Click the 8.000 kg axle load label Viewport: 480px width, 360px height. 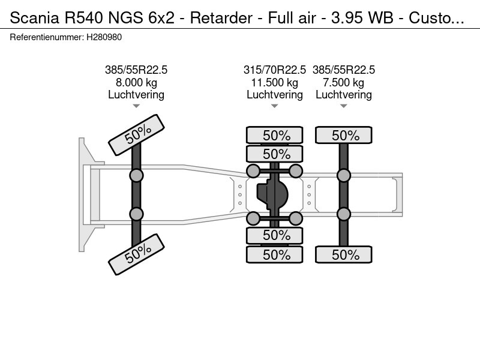[x=136, y=82]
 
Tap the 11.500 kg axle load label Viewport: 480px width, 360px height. [x=274, y=82]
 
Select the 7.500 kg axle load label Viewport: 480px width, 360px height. [x=343, y=82]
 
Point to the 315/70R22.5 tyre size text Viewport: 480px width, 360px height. [x=274, y=70]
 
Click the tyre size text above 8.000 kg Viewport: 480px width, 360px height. [x=136, y=70]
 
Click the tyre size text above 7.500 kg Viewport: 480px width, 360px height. [x=343, y=70]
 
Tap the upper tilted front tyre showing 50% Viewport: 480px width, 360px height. [x=136, y=136]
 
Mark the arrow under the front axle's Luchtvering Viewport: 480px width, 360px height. [x=136, y=106]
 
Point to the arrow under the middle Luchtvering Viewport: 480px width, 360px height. [x=274, y=106]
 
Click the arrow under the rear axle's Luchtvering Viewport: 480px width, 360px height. [x=343, y=106]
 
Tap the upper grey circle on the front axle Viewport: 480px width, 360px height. [x=136, y=175]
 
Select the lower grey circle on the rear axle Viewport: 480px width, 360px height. [x=343, y=214]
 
